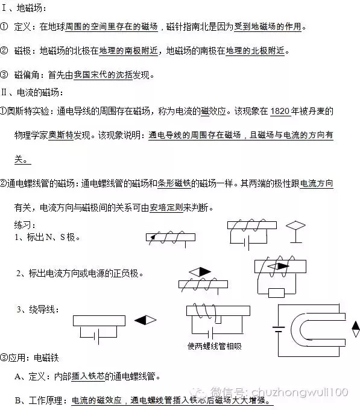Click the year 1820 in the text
click(280, 112)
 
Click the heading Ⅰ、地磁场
click(24, 8)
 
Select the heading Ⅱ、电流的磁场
click(32, 92)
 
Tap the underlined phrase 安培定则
click(166, 207)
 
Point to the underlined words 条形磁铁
click(174, 183)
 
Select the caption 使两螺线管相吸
click(215, 346)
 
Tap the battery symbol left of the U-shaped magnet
click(279, 329)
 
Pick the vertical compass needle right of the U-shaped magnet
click(356, 329)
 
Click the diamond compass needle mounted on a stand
click(295, 232)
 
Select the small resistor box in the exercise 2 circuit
click(276, 293)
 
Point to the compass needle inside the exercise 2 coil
click(278, 266)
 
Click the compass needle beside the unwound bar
click(145, 320)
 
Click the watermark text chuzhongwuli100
click(300, 392)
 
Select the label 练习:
click(25, 225)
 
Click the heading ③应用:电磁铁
click(30, 358)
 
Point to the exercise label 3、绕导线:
click(37, 309)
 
